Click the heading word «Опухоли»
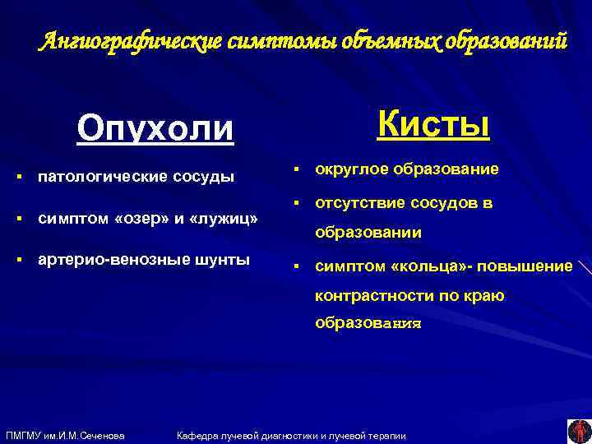pyautogui.click(x=155, y=128)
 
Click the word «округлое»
pyautogui.click(x=350, y=169)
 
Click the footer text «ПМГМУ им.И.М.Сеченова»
pyautogui.click(x=65, y=435)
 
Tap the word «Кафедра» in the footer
pyautogui.click(x=199, y=435)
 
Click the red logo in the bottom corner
pyautogui.click(x=577, y=431)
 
